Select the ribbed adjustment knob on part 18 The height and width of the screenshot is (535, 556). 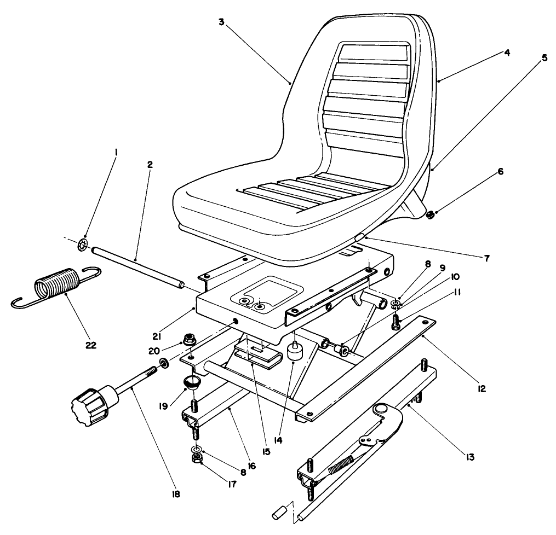click(90, 407)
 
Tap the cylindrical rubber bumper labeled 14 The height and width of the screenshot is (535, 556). click(295, 353)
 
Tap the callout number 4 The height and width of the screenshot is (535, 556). click(507, 53)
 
